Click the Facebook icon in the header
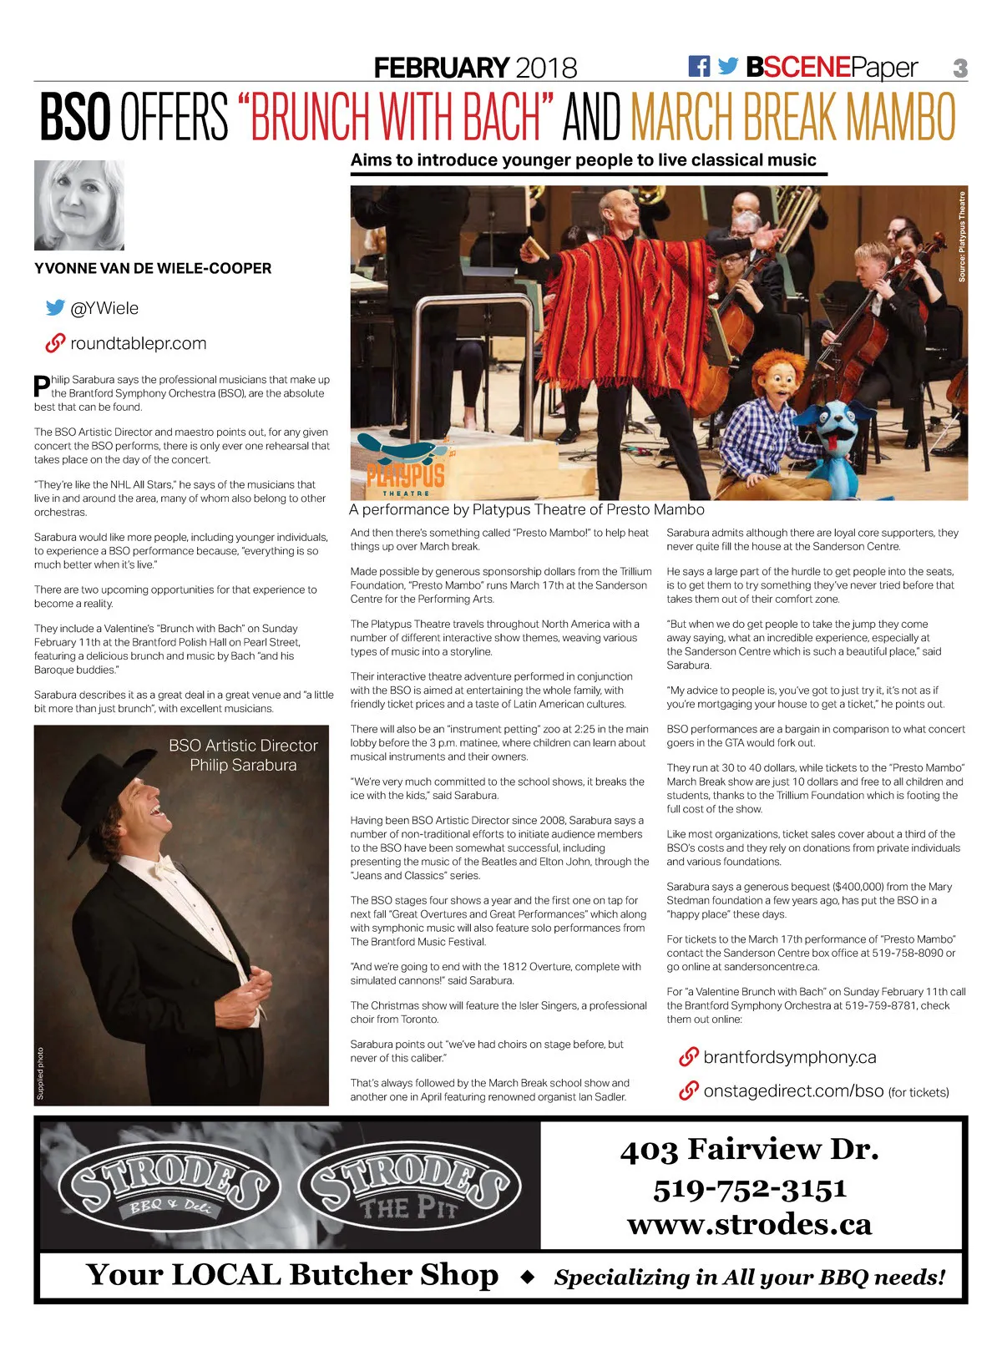699,67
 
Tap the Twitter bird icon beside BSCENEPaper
728,67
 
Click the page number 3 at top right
960,68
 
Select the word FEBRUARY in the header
441,68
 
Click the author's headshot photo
79,205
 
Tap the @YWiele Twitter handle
104,308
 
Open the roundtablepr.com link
138,343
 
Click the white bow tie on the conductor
164,864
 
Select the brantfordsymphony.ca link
789,1057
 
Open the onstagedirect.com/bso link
793,1091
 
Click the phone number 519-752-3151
750,1188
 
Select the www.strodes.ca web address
750,1224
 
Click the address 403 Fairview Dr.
750,1150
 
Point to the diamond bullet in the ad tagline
527,1277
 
